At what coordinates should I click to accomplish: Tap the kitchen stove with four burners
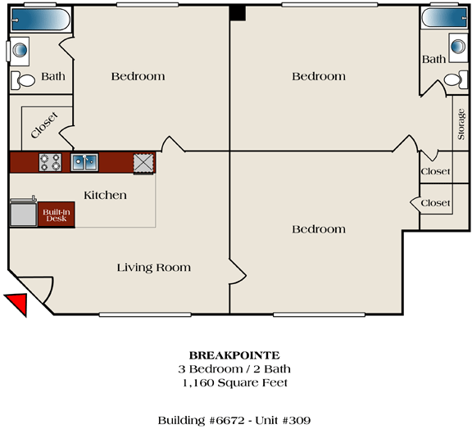(50, 162)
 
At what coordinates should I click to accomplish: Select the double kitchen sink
(84, 162)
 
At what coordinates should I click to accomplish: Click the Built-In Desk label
(57, 215)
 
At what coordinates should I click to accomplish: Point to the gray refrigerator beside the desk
(23, 213)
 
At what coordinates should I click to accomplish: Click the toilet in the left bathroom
(23, 80)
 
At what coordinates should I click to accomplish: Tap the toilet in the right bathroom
(456, 79)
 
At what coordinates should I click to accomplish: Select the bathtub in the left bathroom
(41, 20)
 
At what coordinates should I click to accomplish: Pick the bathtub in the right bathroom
(444, 18)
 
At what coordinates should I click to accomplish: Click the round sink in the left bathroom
(20, 50)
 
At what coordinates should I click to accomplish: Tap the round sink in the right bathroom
(458, 47)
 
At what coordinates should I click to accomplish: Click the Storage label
(461, 124)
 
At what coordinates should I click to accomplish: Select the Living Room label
(154, 268)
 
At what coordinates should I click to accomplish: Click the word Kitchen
(105, 195)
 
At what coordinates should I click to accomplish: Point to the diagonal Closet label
(44, 125)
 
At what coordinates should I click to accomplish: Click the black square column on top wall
(238, 13)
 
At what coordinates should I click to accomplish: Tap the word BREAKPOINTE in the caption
(234, 355)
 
